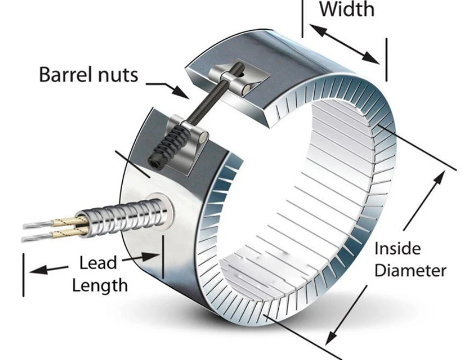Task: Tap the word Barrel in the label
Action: (64, 74)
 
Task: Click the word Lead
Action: (98, 263)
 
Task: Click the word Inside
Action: (398, 248)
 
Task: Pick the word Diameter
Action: (410, 271)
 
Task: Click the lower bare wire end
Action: (37, 237)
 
